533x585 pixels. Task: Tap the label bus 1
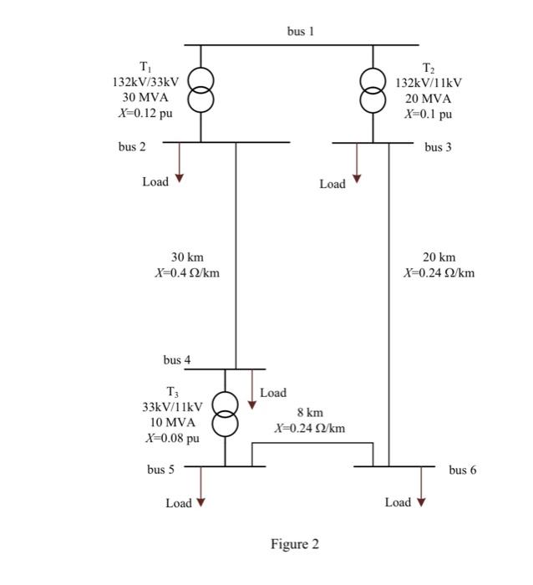[301, 32]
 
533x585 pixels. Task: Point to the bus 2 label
[132, 147]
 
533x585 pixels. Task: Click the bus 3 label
[438, 147]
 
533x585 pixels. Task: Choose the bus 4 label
[176, 360]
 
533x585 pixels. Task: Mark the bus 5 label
[161, 470]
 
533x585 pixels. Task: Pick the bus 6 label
[462, 470]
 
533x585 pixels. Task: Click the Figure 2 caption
[294, 545]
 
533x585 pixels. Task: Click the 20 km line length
[439, 257]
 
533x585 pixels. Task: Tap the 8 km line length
[309, 413]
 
